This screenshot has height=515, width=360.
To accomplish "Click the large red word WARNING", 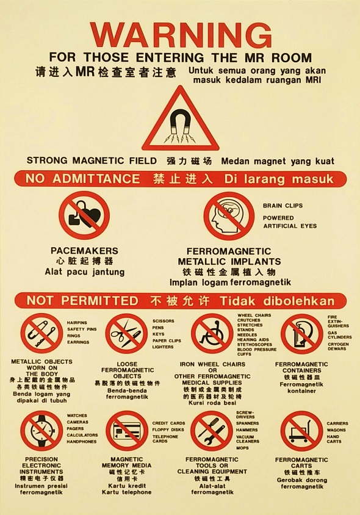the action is pos(181,35).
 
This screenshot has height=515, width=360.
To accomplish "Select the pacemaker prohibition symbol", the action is pos(84,215).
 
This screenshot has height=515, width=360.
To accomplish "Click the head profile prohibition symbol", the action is pos(229,216).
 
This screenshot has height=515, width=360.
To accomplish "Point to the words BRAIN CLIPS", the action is pos(283,206).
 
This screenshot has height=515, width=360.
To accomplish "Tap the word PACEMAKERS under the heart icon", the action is pos(84,251).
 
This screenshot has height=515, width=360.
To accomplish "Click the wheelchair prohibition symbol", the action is pos(212,333).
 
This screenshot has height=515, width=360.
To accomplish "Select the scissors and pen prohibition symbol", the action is pos(126,333).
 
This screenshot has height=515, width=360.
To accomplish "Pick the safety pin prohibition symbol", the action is pos(41,333).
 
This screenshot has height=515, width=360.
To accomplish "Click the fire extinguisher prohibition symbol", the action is pos(302,334).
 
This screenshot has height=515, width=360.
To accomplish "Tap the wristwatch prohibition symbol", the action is pos(41,431).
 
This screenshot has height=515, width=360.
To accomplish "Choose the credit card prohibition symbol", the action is pos(127,431).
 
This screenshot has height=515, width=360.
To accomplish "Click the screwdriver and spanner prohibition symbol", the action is pos(212,431).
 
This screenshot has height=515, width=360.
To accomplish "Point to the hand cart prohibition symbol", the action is pos(301,431).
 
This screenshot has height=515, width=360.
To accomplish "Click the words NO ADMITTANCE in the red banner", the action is pos(82,179).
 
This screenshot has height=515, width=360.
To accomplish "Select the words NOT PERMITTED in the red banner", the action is pos(82,301).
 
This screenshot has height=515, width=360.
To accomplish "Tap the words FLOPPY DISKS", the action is pos(168,430).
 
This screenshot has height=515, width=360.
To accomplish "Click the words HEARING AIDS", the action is pos(253,340).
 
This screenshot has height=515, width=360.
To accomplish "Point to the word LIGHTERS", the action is pos(163,347).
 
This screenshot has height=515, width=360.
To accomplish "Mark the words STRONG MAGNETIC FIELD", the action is pos(92,160).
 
